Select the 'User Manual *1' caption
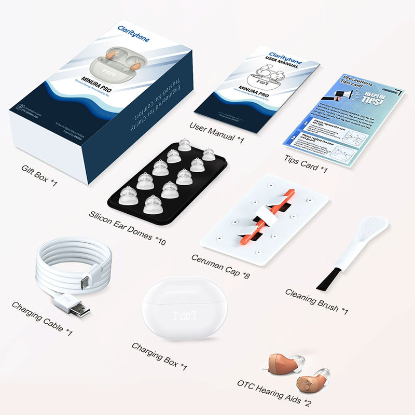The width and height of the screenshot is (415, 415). [x=217, y=133]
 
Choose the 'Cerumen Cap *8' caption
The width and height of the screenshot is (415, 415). [x=220, y=266]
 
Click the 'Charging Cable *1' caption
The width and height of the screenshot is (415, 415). [x=42, y=317]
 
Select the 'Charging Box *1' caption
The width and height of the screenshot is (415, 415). [x=159, y=355]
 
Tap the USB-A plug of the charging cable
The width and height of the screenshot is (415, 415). [x=78, y=308]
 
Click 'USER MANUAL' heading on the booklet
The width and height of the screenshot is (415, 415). [x=282, y=61]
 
